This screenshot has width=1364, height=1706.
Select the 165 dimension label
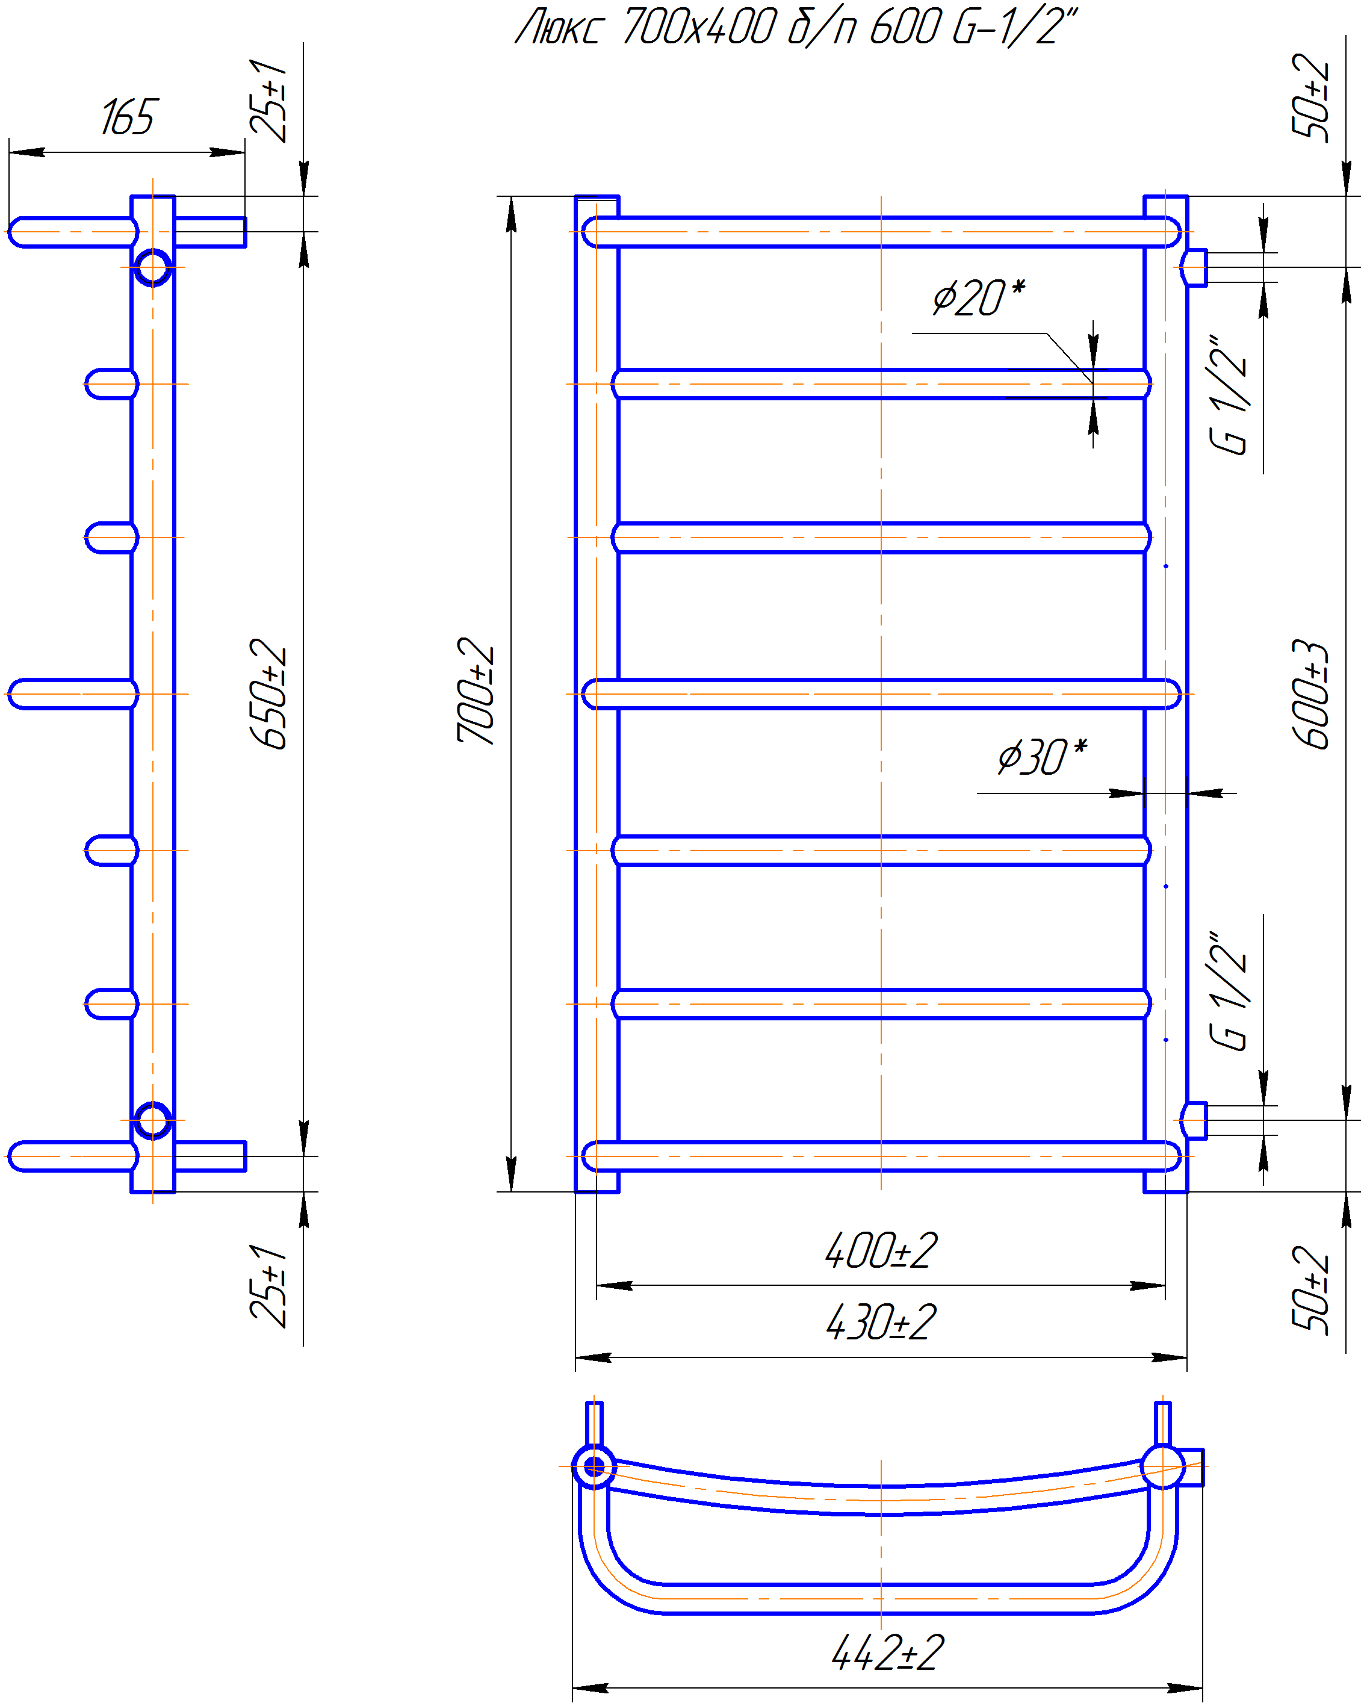[x=129, y=117]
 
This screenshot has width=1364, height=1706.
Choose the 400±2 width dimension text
[x=880, y=1250]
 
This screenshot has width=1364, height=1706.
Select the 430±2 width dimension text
[x=880, y=1321]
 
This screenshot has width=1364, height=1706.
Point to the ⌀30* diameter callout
[x=1042, y=757]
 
